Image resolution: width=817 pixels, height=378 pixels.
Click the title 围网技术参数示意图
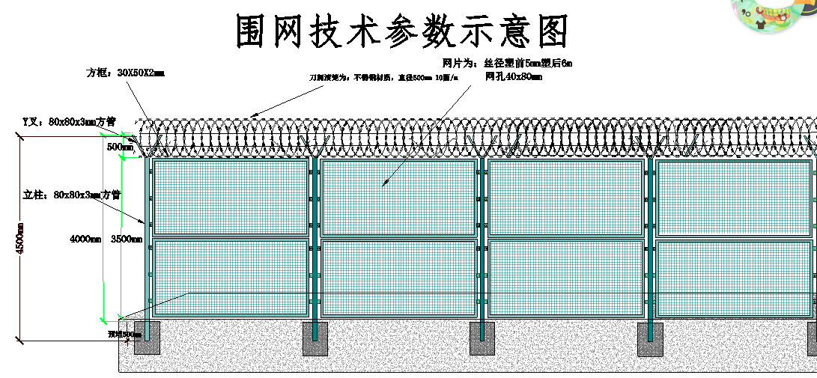coord(402,32)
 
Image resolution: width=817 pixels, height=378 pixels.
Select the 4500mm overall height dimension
coord(20,239)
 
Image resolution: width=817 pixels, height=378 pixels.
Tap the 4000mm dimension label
coord(85,239)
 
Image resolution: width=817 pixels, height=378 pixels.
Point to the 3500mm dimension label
coord(126,239)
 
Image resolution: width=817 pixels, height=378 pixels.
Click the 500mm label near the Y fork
coord(120,147)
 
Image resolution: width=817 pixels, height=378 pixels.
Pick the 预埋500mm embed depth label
coord(124,335)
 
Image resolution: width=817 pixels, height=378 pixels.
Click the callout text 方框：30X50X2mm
coord(125,73)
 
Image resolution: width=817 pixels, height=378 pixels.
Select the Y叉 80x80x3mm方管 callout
coord(68,121)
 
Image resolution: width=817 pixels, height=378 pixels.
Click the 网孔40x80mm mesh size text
coord(514,76)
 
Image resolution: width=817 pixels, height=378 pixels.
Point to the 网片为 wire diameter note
coord(507,63)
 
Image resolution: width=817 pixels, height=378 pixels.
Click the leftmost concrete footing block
coord(148,338)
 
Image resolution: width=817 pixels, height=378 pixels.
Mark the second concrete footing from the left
coord(315,339)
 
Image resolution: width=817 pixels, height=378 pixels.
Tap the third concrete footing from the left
coord(482,339)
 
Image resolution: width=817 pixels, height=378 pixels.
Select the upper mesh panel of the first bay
coord(231,198)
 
